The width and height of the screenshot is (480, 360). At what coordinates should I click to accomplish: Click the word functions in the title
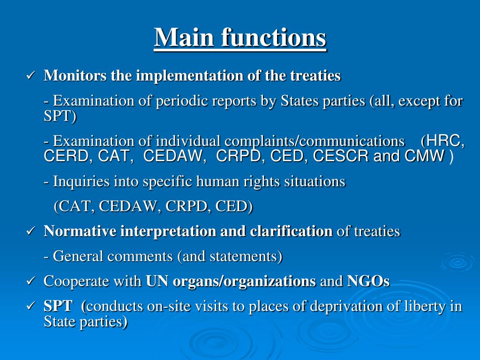point(274,37)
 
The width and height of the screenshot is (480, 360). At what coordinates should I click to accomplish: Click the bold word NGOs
point(368,281)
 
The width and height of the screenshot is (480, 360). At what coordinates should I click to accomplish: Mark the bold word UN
point(157,281)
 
